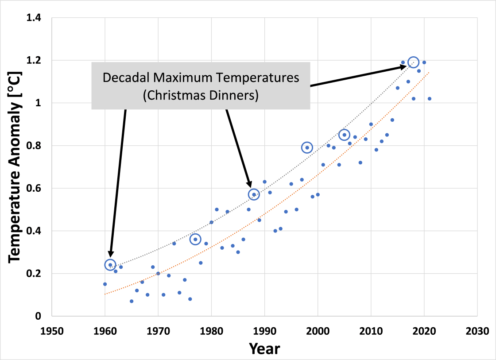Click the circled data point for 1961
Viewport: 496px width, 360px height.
click(110, 265)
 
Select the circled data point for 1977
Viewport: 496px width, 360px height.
click(195, 239)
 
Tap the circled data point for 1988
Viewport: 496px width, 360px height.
click(254, 194)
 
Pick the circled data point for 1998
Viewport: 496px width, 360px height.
click(307, 147)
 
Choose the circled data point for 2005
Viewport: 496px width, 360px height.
click(344, 135)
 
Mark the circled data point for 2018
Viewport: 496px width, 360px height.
click(413, 62)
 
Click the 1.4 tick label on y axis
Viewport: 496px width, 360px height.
click(34, 18)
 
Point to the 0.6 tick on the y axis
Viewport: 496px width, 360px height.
click(34, 189)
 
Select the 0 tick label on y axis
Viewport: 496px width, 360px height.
click(39, 316)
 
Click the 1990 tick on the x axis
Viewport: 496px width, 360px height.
click(264, 331)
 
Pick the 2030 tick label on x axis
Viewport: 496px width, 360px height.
click(477, 331)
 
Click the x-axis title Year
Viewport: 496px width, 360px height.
click(264, 348)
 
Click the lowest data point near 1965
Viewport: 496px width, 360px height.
click(132, 301)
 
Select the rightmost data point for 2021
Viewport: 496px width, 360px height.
click(429, 99)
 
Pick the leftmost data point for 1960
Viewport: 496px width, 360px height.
click(105, 284)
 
